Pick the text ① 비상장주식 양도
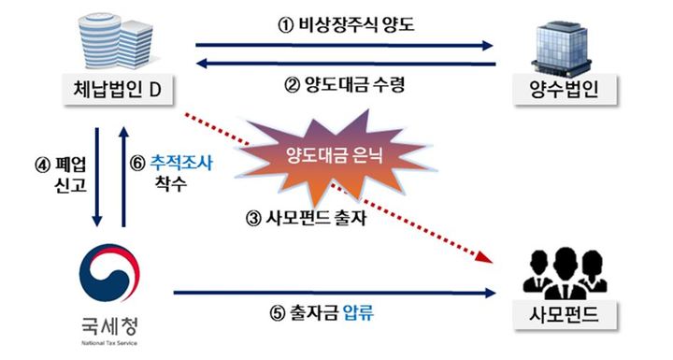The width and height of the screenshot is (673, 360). [346, 25]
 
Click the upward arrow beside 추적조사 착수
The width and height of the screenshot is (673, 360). [123, 178]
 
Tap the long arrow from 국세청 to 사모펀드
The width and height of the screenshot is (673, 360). [336, 292]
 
